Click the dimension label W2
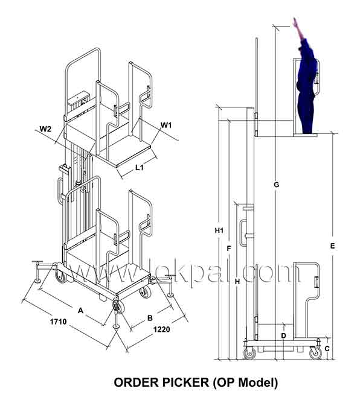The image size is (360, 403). [x=45, y=129]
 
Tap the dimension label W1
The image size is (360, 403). [x=166, y=125]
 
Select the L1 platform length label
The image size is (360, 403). [x=139, y=168]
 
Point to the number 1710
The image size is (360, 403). [x=58, y=322]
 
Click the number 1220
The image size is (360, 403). [x=161, y=329]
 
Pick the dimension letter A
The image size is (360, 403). [x=80, y=311]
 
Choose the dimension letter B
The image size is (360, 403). [x=150, y=318]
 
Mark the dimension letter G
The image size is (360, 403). [x=277, y=185]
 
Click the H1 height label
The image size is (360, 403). [x=219, y=230]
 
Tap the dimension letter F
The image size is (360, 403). [x=229, y=249]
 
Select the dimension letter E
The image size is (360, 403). [x=332, y=246]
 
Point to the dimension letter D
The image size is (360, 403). [x=283, y=335]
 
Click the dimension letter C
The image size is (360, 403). [x=327, y=349]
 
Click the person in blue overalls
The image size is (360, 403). [x=306, y=85]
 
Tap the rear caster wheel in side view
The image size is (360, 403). [x=249, y=352]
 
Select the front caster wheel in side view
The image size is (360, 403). [x=315, y=352]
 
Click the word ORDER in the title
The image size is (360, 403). [x=136, y=382]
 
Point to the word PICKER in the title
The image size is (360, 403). [x=185, y=382]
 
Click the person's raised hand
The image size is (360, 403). [x=295, y=22]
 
